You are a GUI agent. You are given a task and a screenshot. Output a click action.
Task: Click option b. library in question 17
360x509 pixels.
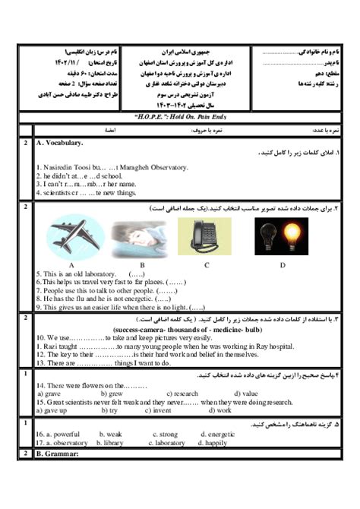point(111,442)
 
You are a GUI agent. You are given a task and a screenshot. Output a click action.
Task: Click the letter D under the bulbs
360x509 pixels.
point(282,264)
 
